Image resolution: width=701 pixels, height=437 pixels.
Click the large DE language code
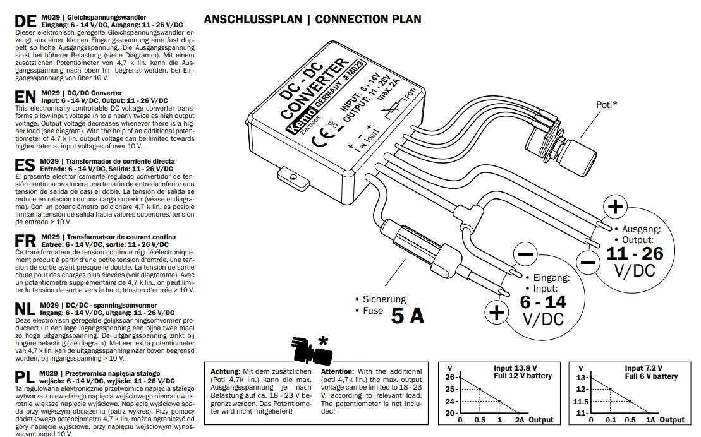point(25,20)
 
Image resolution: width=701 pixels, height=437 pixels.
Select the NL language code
point(25,309)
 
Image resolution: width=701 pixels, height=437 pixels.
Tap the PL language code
point(24,378)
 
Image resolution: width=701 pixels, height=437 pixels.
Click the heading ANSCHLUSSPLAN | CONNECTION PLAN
point(312,19)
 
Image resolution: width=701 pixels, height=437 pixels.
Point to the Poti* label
point(607,104)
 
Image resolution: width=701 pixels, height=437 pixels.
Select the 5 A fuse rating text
point(407,315)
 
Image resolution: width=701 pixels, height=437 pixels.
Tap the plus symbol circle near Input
point(497,313)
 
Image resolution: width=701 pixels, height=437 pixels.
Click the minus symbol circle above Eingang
point(527,255)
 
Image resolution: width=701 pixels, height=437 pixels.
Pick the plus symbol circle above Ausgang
point(614,207)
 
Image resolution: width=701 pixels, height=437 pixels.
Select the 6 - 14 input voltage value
point(543,301)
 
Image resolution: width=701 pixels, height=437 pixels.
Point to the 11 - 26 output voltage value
point(634,253)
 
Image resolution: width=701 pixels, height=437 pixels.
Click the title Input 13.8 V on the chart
point(515,368)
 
